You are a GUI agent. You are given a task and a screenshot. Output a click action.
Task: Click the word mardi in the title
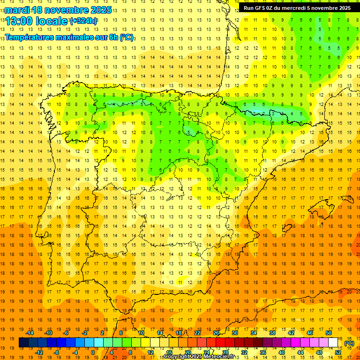pos(17,10)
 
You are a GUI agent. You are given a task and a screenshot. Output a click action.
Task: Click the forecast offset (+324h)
pos(83,21)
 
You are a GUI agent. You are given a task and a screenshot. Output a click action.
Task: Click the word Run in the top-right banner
pos(249,8)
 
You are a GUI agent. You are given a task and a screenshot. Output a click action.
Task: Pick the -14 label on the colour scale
pos(30,333)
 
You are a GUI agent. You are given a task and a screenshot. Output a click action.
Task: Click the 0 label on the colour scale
pos(93,352)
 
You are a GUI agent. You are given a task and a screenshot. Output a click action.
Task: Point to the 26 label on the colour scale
pos(216,333)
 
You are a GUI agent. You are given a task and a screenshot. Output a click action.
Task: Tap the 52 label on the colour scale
pos(338,352)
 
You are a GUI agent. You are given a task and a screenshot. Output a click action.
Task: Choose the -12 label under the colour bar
pos(39,352)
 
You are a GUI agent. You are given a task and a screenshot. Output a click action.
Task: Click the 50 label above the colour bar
pos(329,333)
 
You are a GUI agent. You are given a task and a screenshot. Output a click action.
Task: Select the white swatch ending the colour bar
pos(333,343)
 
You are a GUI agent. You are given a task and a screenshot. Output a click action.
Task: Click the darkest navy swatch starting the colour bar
pos(23,343)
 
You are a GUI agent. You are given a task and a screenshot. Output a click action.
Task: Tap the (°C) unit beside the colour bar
pos(349,343)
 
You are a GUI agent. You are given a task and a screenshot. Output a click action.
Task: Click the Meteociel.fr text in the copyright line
pos(220,357)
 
